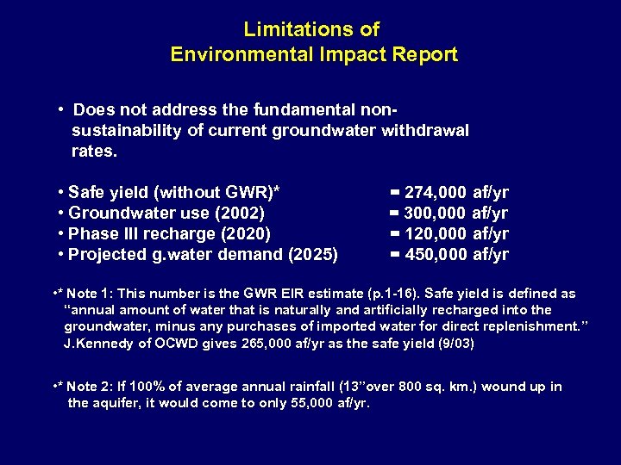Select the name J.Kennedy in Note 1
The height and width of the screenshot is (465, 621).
pyautogui.click(x=98, y=344)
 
